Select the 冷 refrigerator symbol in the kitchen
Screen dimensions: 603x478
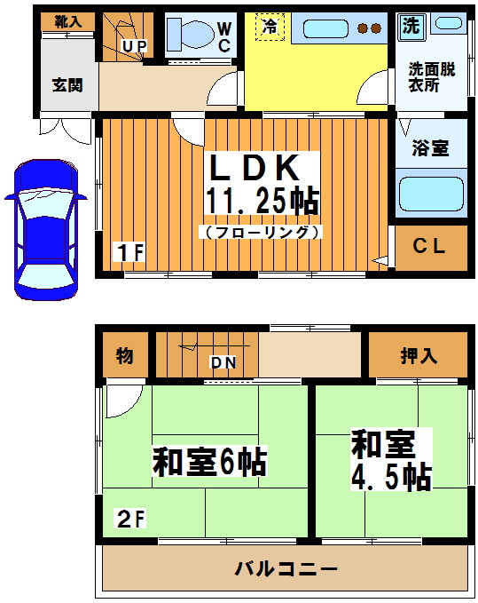coord(269,27)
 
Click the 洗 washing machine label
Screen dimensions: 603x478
coord(410,26)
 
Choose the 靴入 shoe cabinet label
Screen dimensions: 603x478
coord(67,21)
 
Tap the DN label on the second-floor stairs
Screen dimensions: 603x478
coord(223,361)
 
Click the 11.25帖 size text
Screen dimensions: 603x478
coord(262,201)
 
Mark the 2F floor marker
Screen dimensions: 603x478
coord(129,518)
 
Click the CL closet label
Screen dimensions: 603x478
coord(428,246)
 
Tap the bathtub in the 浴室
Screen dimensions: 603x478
coord(430,194)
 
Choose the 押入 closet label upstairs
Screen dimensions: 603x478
coord(418,356)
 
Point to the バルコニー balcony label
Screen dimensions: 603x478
coord(286,567)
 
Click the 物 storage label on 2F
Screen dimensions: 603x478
coord(124,356)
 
